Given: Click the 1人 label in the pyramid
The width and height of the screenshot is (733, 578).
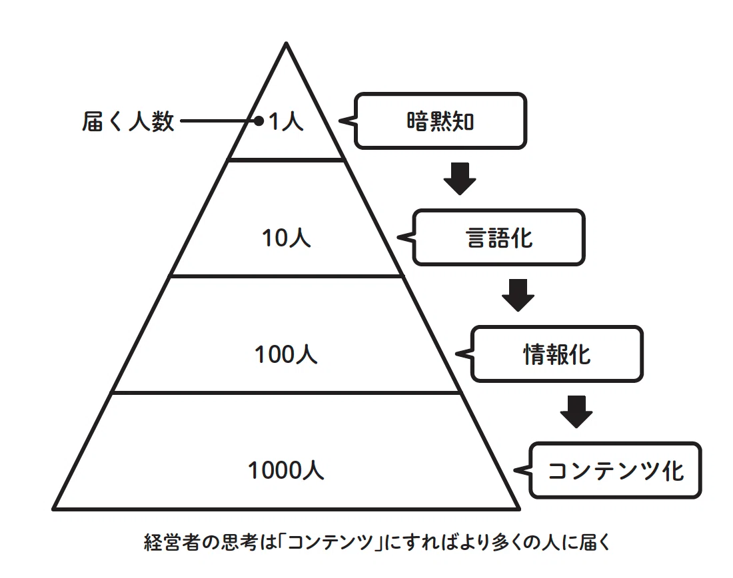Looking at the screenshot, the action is coord(286,121).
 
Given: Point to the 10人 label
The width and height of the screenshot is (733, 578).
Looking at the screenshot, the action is coord(286,238).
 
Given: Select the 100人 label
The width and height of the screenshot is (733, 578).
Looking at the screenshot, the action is coord(286,354).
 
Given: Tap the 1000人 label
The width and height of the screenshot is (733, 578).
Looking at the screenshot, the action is coord(286,470).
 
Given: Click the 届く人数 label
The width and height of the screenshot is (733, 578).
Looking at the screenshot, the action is coord(128,121).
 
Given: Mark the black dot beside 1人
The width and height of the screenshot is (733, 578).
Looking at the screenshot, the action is coord(259,121).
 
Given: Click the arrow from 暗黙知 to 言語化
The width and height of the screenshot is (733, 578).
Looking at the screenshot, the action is coord(460,178).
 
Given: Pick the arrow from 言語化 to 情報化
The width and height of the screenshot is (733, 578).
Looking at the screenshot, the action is coord(518,295).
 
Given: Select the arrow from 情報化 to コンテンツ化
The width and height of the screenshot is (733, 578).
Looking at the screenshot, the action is coord(576,412).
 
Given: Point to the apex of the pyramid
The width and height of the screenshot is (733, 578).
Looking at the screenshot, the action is coord(286,43).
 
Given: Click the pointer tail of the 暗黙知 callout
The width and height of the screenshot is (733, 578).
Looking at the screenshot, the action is coord(347,121).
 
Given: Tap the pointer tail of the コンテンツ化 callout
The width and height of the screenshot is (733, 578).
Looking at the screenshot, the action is coord(522,470).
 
